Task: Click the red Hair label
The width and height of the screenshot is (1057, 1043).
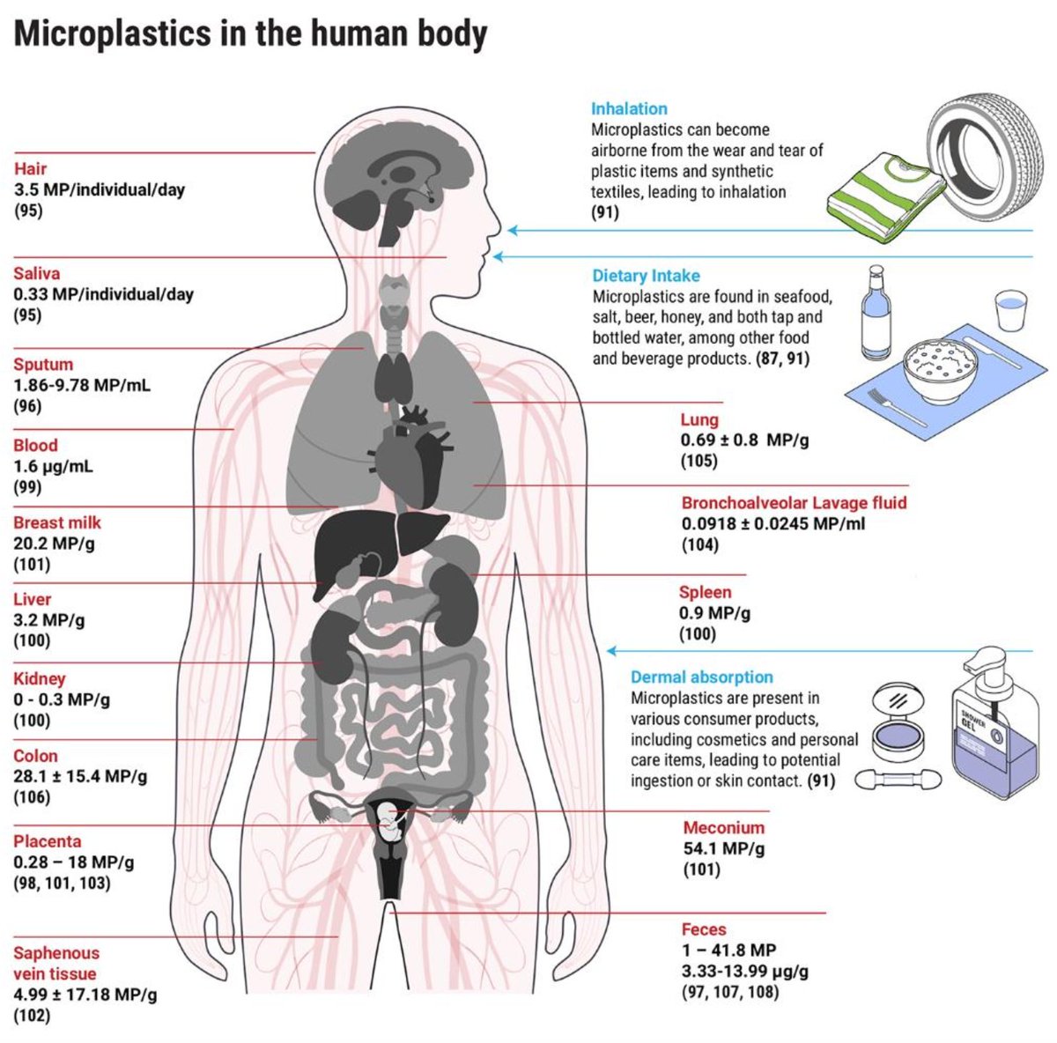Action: (30, 168)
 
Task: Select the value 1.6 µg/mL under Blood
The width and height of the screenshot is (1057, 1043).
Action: (53, 466)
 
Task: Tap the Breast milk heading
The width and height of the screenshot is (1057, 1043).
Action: (57, 522)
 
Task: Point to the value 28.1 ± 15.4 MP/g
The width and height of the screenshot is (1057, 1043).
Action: (80, 776)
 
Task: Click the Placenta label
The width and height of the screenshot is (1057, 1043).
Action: (47, 841)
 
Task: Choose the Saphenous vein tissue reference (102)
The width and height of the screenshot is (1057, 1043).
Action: (32, 1016)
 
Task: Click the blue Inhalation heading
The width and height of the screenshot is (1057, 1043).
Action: (629, 108)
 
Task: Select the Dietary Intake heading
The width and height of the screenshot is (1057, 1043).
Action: (646, 276)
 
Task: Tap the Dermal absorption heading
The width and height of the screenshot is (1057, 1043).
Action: (701, 677)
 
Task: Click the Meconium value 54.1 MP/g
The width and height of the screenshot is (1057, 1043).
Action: (723, 848)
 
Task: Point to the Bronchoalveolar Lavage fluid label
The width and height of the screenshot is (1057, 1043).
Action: (794, 503)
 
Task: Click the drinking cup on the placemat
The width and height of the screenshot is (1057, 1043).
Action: (1011, 310)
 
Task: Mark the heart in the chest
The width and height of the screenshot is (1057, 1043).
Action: (414, 458)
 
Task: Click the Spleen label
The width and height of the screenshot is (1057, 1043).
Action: (705, 592)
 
